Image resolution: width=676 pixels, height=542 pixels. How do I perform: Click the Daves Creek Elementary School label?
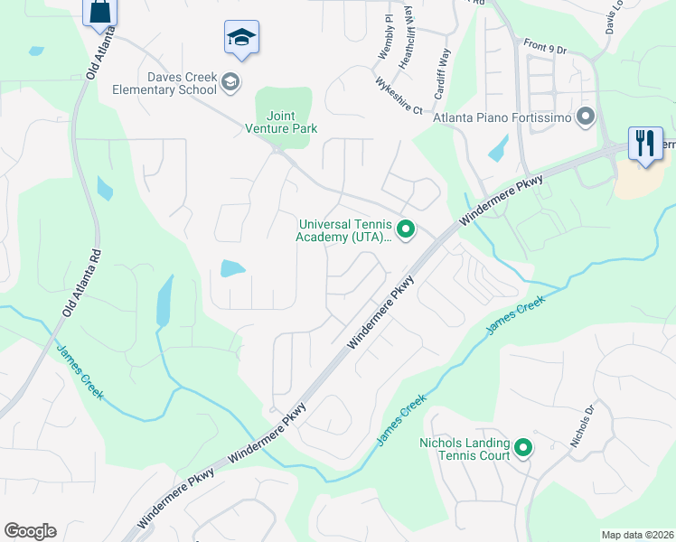tap(164, 83)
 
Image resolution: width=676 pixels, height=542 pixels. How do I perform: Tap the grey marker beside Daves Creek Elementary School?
tap(231, 83)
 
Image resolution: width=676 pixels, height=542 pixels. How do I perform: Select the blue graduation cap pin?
tap(241, 38)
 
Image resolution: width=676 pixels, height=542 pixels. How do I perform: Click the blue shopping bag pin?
tap(99, 13)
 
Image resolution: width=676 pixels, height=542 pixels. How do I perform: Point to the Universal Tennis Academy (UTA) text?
tap(344, 231)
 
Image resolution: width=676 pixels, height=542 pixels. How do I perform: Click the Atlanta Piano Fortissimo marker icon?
tap(586, 117)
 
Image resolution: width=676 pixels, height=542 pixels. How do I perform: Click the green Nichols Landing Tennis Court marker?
tap(522, 447)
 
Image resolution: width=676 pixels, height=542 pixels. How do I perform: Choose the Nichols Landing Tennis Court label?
tap(465, 448)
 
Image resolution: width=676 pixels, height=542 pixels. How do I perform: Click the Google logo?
tap(30, 531)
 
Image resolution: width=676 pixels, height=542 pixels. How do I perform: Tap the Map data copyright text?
tap(637, 535)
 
